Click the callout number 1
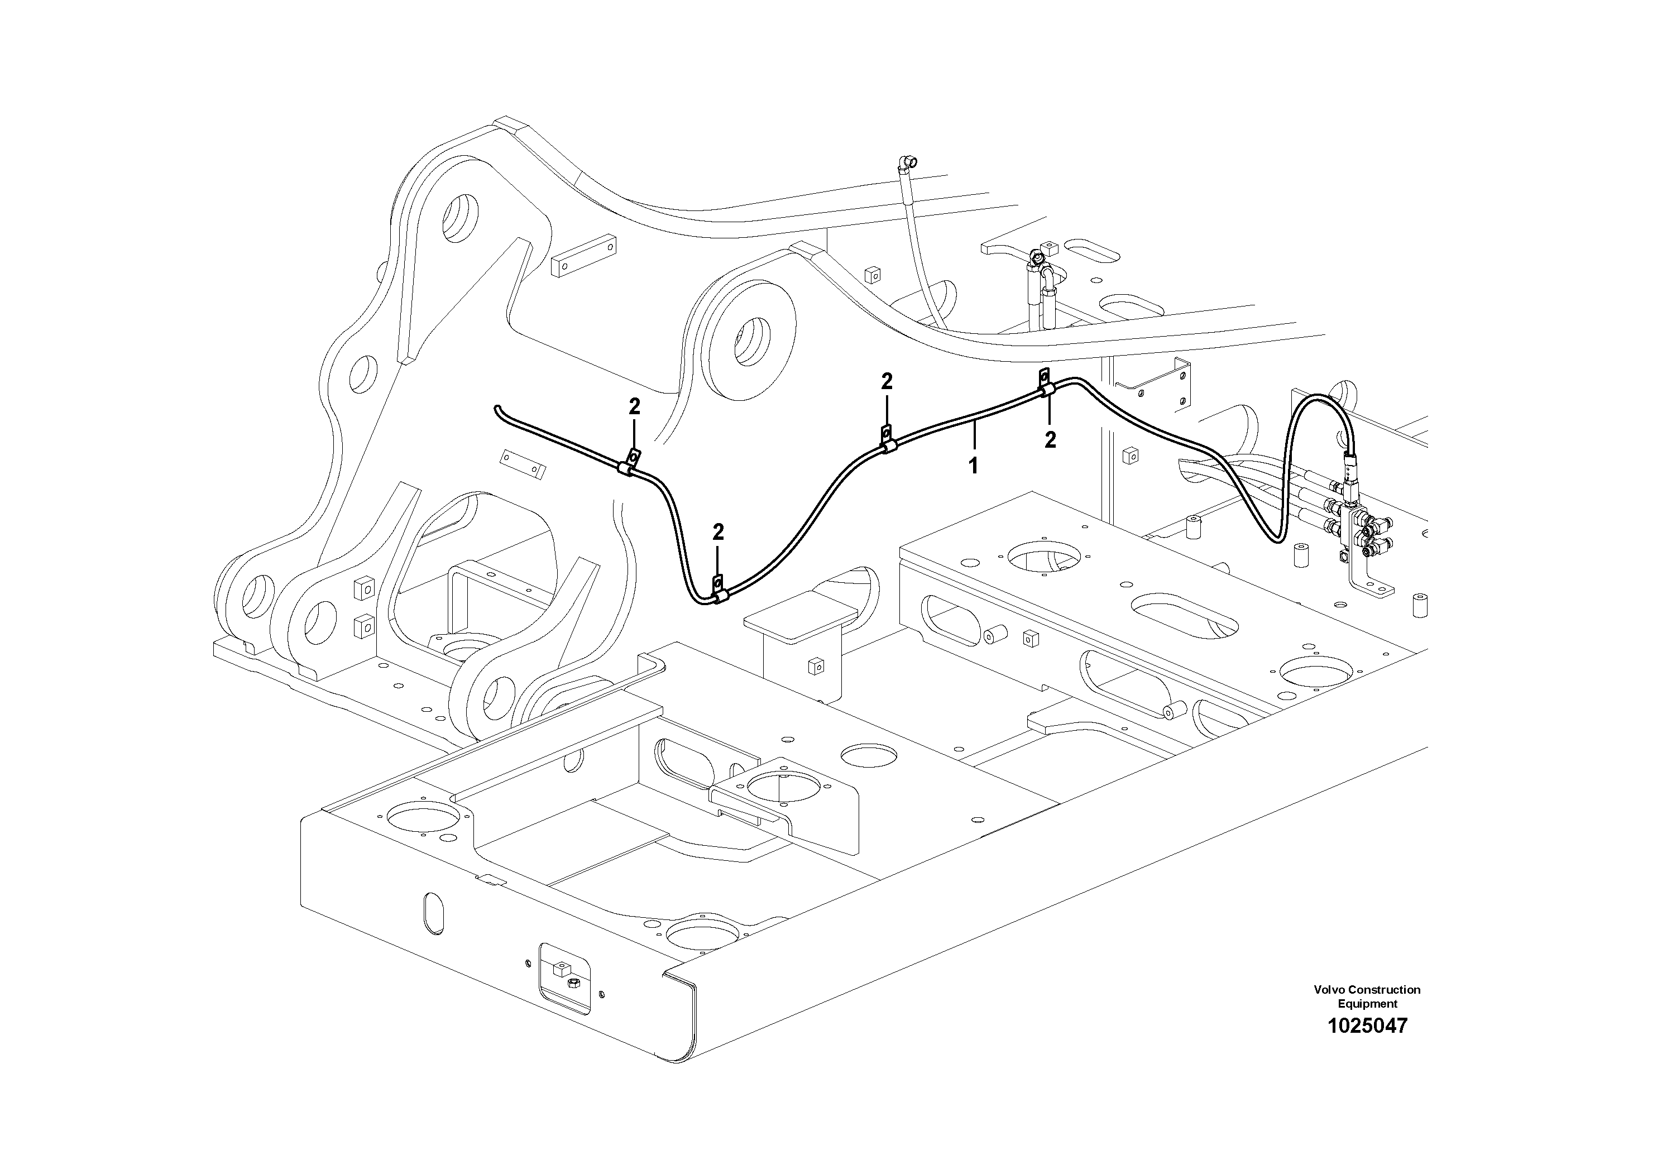coord(974,466)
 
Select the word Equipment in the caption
coord(1367,1004)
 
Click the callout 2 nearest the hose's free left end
coord(634,408)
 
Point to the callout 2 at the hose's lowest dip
coord(717,533)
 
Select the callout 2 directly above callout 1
coord(1050,439)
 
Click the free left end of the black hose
coord(496,410)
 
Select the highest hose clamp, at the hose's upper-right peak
coord(1047,390)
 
